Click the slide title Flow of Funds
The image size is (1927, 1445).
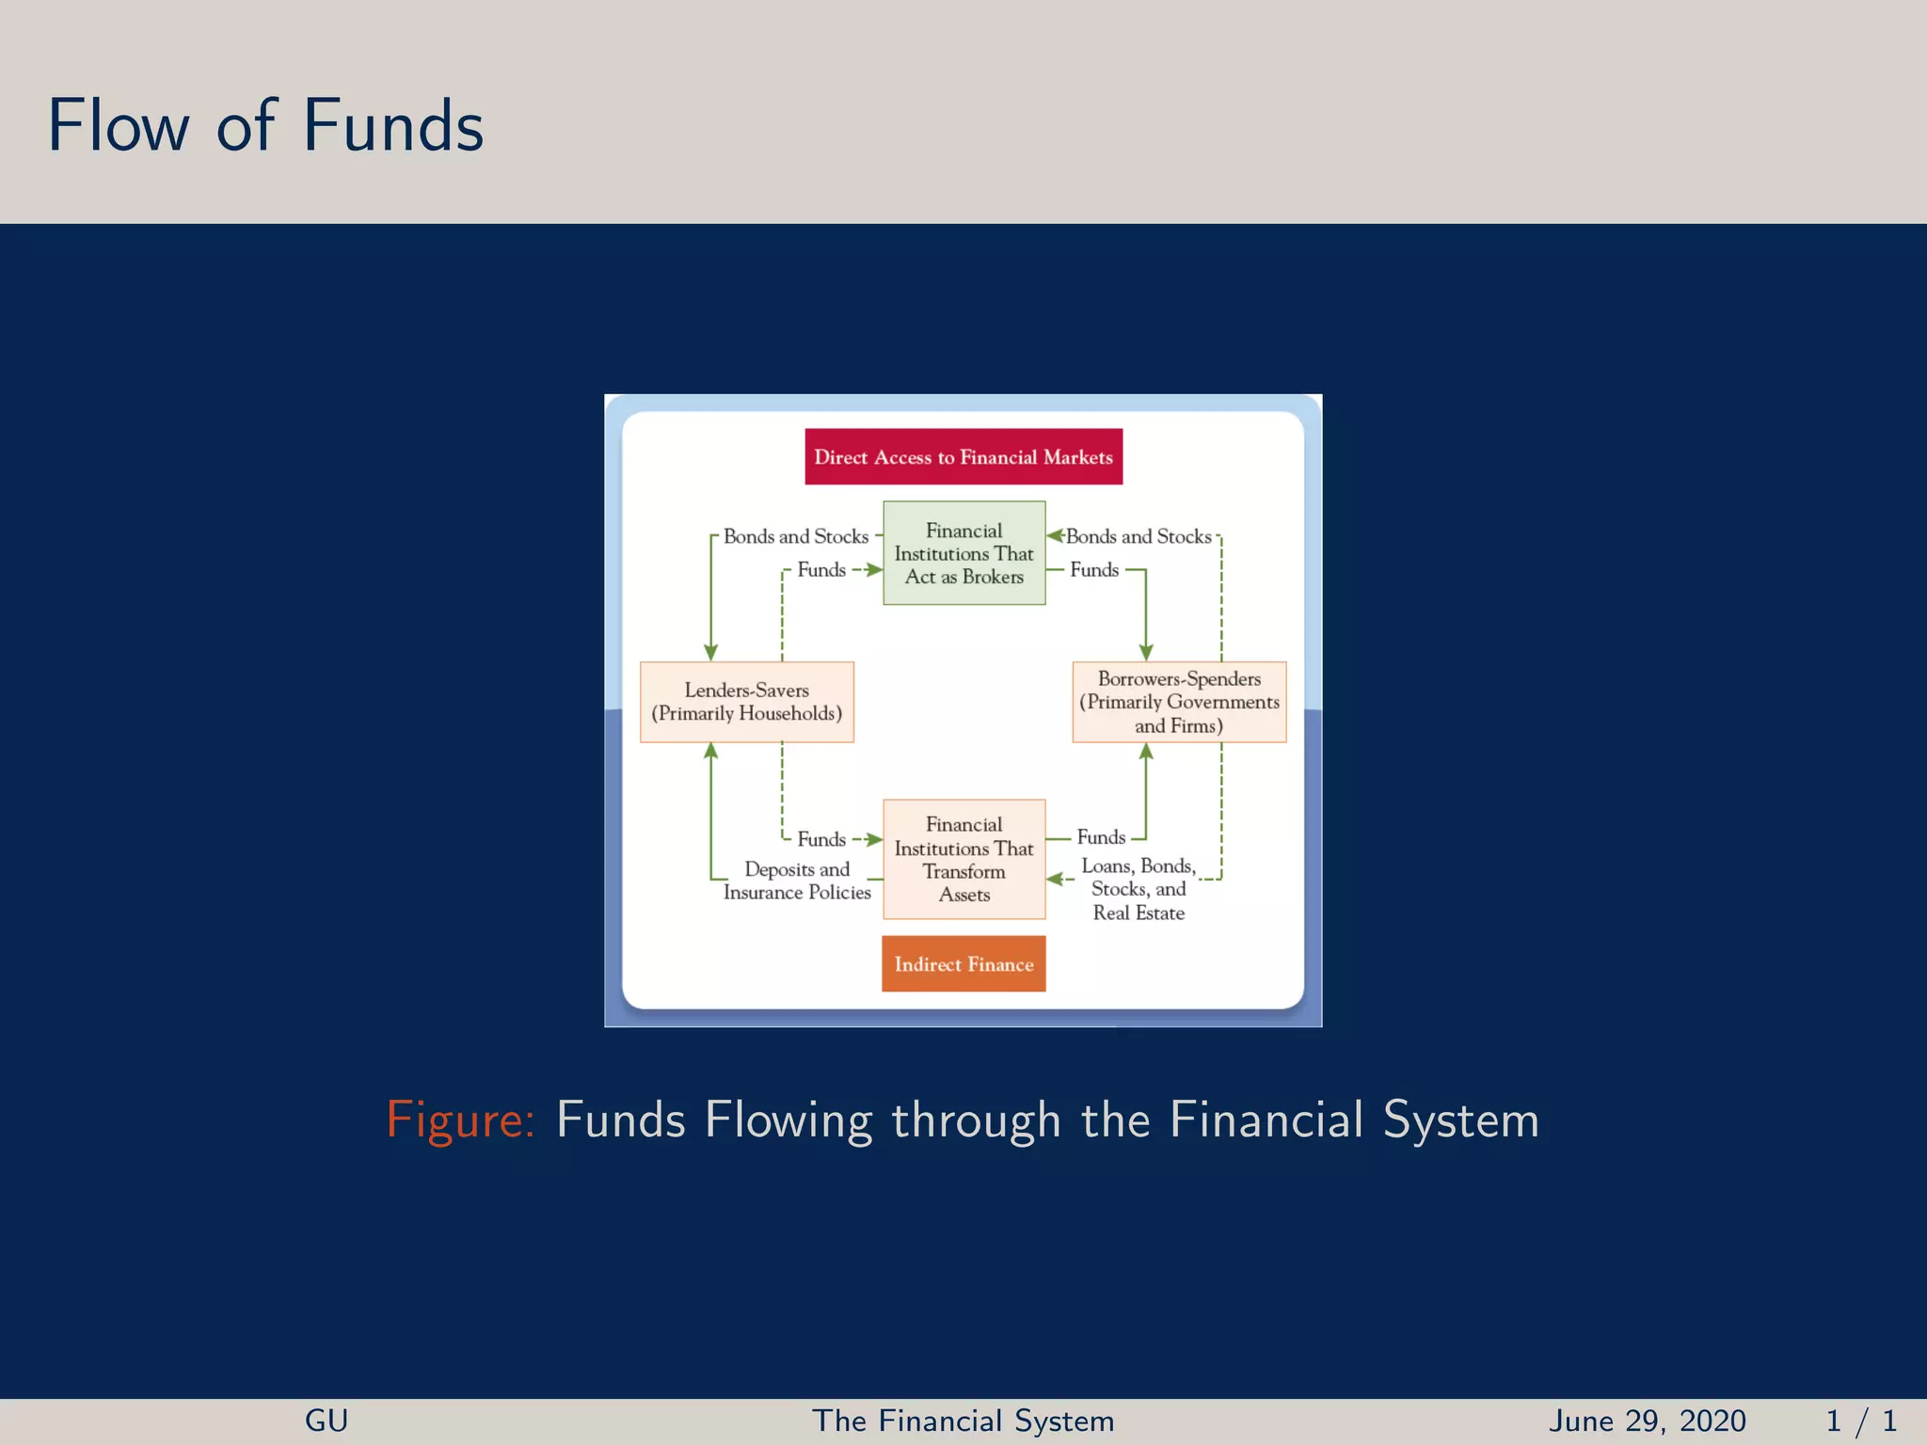(265, 126)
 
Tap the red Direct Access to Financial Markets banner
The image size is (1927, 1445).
(963, 457)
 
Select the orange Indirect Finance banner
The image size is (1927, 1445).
(963, 964)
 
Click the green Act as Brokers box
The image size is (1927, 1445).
(963, 553)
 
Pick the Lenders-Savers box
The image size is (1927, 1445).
(746, 702)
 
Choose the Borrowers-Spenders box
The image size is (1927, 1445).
(1179, 702)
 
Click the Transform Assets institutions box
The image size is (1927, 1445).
(963, 859)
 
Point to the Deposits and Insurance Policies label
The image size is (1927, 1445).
(797, 881)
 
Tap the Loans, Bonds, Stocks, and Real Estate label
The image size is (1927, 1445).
(1139, 889)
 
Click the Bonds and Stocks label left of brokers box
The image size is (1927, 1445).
(796, 536)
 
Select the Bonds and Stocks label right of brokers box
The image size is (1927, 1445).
(1139, 536)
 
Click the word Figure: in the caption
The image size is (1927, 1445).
(460, 1120)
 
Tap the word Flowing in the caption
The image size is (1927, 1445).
(789, 1120)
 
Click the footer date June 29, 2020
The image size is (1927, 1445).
(1647, 1421)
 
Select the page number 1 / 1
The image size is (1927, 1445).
(1860, 1421)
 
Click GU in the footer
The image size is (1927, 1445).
(326, 1421)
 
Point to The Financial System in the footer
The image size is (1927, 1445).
(963, 1421)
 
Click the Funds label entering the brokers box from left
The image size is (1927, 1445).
(821, 570)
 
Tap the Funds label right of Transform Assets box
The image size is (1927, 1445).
(1101, 837)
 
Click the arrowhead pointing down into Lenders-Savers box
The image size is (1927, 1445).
(711, 652)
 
